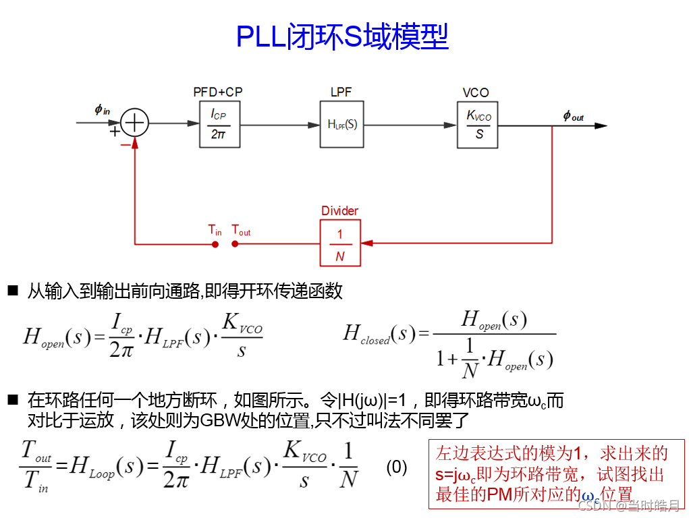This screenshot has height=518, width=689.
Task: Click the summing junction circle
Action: pos(136,123)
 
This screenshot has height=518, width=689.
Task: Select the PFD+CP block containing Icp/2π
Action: pos(219,123)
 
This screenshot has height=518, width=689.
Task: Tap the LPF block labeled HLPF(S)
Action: pos(342,124)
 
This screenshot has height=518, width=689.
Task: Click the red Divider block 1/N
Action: pos(340,243)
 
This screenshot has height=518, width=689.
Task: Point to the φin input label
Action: pos(103,109)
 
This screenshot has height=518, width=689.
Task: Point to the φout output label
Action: pos(573,116)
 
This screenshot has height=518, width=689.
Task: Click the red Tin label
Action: pos(215,231)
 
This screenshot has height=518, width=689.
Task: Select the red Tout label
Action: pos(241,231)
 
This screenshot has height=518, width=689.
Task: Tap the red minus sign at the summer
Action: pos(125,145)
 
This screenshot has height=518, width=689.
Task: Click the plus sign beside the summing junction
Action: pos(114,132)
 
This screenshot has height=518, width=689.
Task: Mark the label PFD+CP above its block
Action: pos(218,92)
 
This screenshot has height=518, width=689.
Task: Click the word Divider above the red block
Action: pos(339,211)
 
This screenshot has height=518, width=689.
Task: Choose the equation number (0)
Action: pos(397,467)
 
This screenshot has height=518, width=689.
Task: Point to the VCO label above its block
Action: pos(476,93)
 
